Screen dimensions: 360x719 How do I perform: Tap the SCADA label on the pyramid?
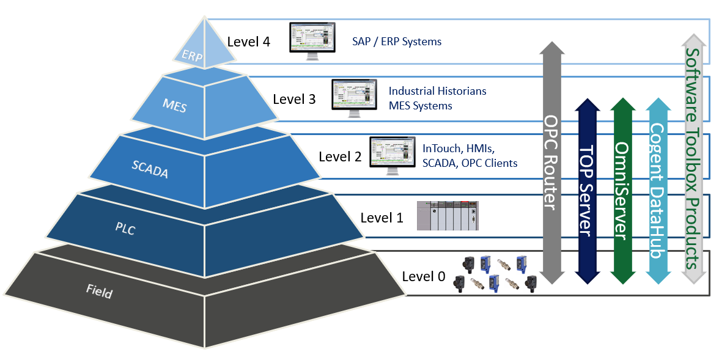(x=150, y=168)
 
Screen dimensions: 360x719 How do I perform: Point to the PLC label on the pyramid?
(x=125, y=229)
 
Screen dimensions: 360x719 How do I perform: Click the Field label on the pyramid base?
(x=99, y=292)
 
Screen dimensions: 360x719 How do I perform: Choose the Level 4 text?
(x=248, y=42)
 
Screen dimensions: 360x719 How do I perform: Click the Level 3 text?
(x=294, y=98)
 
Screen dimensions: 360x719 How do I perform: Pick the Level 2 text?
(x=340, y=156)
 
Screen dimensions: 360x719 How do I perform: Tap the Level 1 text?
(x=382, y=217)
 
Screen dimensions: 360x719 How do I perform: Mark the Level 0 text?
(x=423, y=276)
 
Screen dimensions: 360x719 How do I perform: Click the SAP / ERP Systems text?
(x=396, y=42)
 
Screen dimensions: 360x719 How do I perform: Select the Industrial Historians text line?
(x=438, y=91)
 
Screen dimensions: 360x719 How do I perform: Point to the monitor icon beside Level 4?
(x=312, y=40)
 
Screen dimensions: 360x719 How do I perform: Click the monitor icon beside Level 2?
(x=392, y=155)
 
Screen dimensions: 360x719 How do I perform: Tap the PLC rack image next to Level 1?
(x=448, y=215)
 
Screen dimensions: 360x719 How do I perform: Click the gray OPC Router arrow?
(x=551, y=162)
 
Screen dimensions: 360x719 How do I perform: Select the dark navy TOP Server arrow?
(x=586, y=189)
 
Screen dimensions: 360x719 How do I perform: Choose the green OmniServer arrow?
(x=622, y=189)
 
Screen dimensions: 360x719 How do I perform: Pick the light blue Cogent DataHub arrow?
(x=657, y=189)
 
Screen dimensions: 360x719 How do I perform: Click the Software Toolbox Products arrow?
(x=693, y=159)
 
